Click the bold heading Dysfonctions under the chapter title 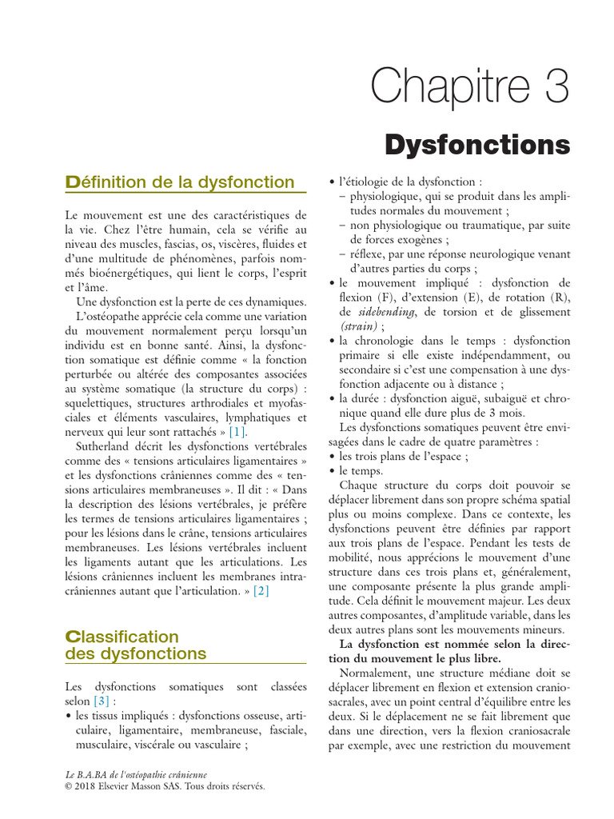(488, 146)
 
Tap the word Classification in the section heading (122, 637)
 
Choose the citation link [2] (261, 591)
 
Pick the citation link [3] (101, 701)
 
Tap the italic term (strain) (356, 326)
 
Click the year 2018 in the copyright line (88, 785)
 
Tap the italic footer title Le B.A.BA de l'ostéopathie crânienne (135, 774)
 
